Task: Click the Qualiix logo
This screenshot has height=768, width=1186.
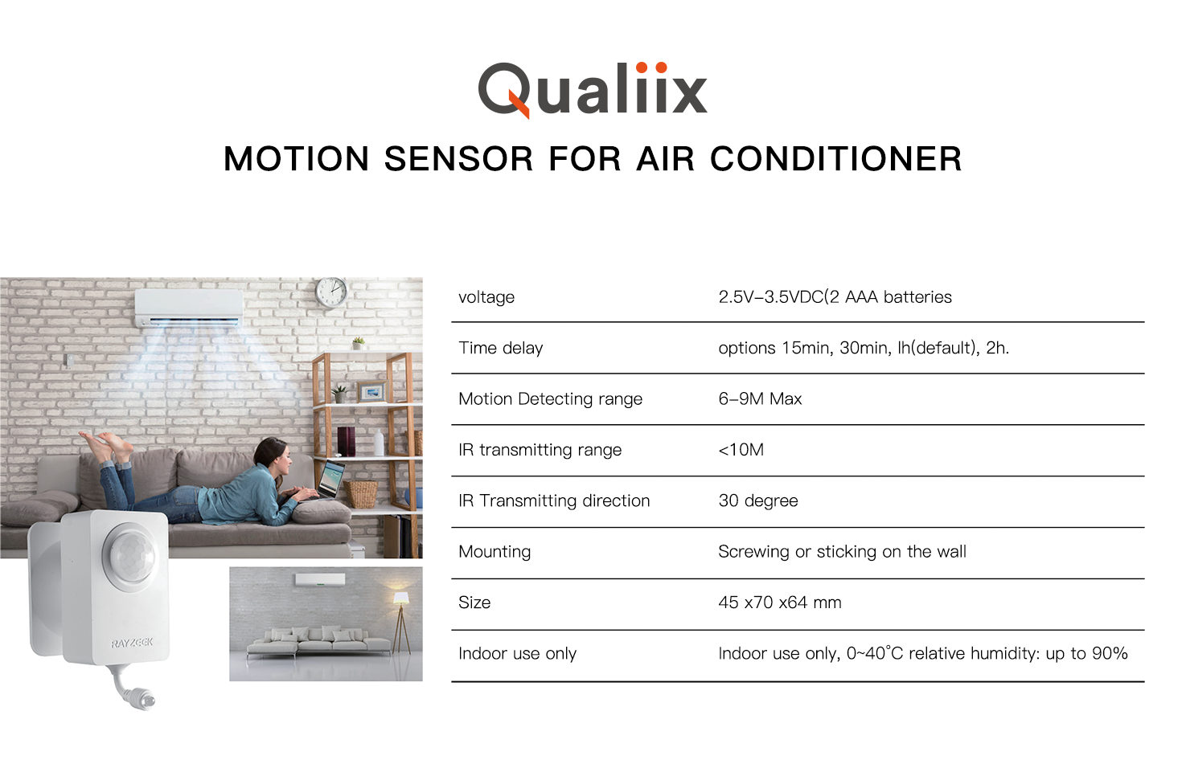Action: pyautogui.click(x=593, y=90)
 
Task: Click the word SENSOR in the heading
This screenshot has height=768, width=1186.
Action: pyautogui.click(x=458, y=159)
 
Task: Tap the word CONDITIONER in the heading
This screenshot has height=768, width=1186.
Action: pyautogui.click(x=835, y=159)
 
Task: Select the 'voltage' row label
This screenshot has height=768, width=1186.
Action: pyautogui.click(x=486, y=297)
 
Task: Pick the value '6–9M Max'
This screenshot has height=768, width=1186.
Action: pyautogui.click(x=760, y=398)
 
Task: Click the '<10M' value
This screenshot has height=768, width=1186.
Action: pyautogui.click(x=741, y=450)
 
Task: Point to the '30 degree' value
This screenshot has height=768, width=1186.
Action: pyautogui.click(x=757, y=501)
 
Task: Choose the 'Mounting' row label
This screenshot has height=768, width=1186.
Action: pyautogui.click(x=495, y=552)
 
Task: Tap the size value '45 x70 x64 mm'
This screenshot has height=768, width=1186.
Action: pyautogui.click(x=779, y=603)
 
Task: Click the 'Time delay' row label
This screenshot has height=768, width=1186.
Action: pyautogui.click(x=500, y=348)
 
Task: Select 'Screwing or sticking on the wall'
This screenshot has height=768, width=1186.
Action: pyautogui.click(x=842, y=552)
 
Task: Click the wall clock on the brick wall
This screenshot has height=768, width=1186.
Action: pyautogui.click(x=331, y=292)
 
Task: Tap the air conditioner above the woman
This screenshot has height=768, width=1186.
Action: pyautogui.click(x=188, y=308)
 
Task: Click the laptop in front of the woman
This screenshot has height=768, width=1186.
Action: pyautogui.click(x=331, y=480)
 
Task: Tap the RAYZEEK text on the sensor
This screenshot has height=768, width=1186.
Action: pyautogui.click(x=132, y=643)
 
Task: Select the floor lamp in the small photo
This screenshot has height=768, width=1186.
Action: pyautogui.click(x=400, y=623)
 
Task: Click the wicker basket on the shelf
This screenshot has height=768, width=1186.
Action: pyautogui.click(x=361, y=494)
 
